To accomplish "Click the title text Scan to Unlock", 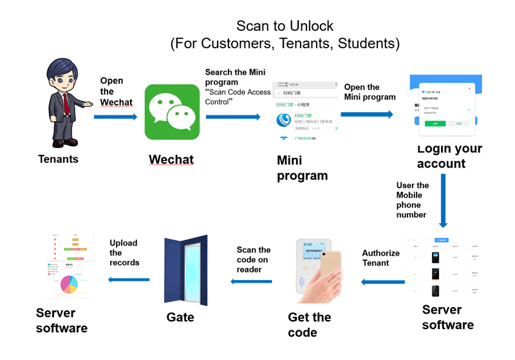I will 285,26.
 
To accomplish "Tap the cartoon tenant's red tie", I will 66,103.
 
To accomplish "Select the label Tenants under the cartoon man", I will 58,158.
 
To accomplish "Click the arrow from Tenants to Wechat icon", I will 115,117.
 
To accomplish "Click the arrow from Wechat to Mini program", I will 233,117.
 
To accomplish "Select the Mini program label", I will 302,167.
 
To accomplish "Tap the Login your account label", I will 449,156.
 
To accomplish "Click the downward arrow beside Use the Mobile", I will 443,200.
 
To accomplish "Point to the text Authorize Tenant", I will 380,258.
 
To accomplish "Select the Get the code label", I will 309,325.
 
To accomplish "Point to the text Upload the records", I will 124,252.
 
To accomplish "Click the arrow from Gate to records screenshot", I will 128,279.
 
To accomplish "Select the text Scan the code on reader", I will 254,260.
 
